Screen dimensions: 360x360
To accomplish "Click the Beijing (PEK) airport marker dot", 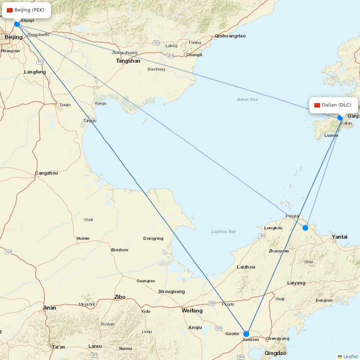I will (x=17, y=24).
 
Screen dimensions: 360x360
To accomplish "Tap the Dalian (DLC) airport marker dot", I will (x=340, y=118).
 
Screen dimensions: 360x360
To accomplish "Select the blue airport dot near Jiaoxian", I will (x=246, y=334).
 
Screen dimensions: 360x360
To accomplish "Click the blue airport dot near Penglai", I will (x=305, y=228).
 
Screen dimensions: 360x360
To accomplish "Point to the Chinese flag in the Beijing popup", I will (x=10, y=10).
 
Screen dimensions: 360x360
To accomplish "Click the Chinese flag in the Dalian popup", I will (x=317, y=105).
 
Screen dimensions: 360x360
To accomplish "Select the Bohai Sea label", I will (x=247, y=99).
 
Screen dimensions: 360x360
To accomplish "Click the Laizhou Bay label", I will (x=224, y=231).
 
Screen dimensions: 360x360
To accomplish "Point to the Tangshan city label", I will (x=128, y=61).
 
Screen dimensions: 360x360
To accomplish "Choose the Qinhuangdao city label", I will (x=230, y=36).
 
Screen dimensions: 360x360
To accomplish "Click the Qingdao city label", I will (x=275, y=353).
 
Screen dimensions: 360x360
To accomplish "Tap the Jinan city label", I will (x=49, y=308).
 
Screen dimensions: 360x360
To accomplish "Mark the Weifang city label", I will (x=192, y=310).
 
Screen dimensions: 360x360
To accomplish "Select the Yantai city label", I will (x=339, y=237).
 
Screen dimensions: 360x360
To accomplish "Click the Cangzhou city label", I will (x=46, y=173).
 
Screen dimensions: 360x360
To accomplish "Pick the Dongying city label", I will (x=153, y=238).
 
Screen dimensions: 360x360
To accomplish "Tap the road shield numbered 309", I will (x=212, y=303).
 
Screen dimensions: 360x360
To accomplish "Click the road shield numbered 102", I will (x=156, y=43).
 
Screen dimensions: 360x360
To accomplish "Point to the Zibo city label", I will (x=120, y=297).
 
